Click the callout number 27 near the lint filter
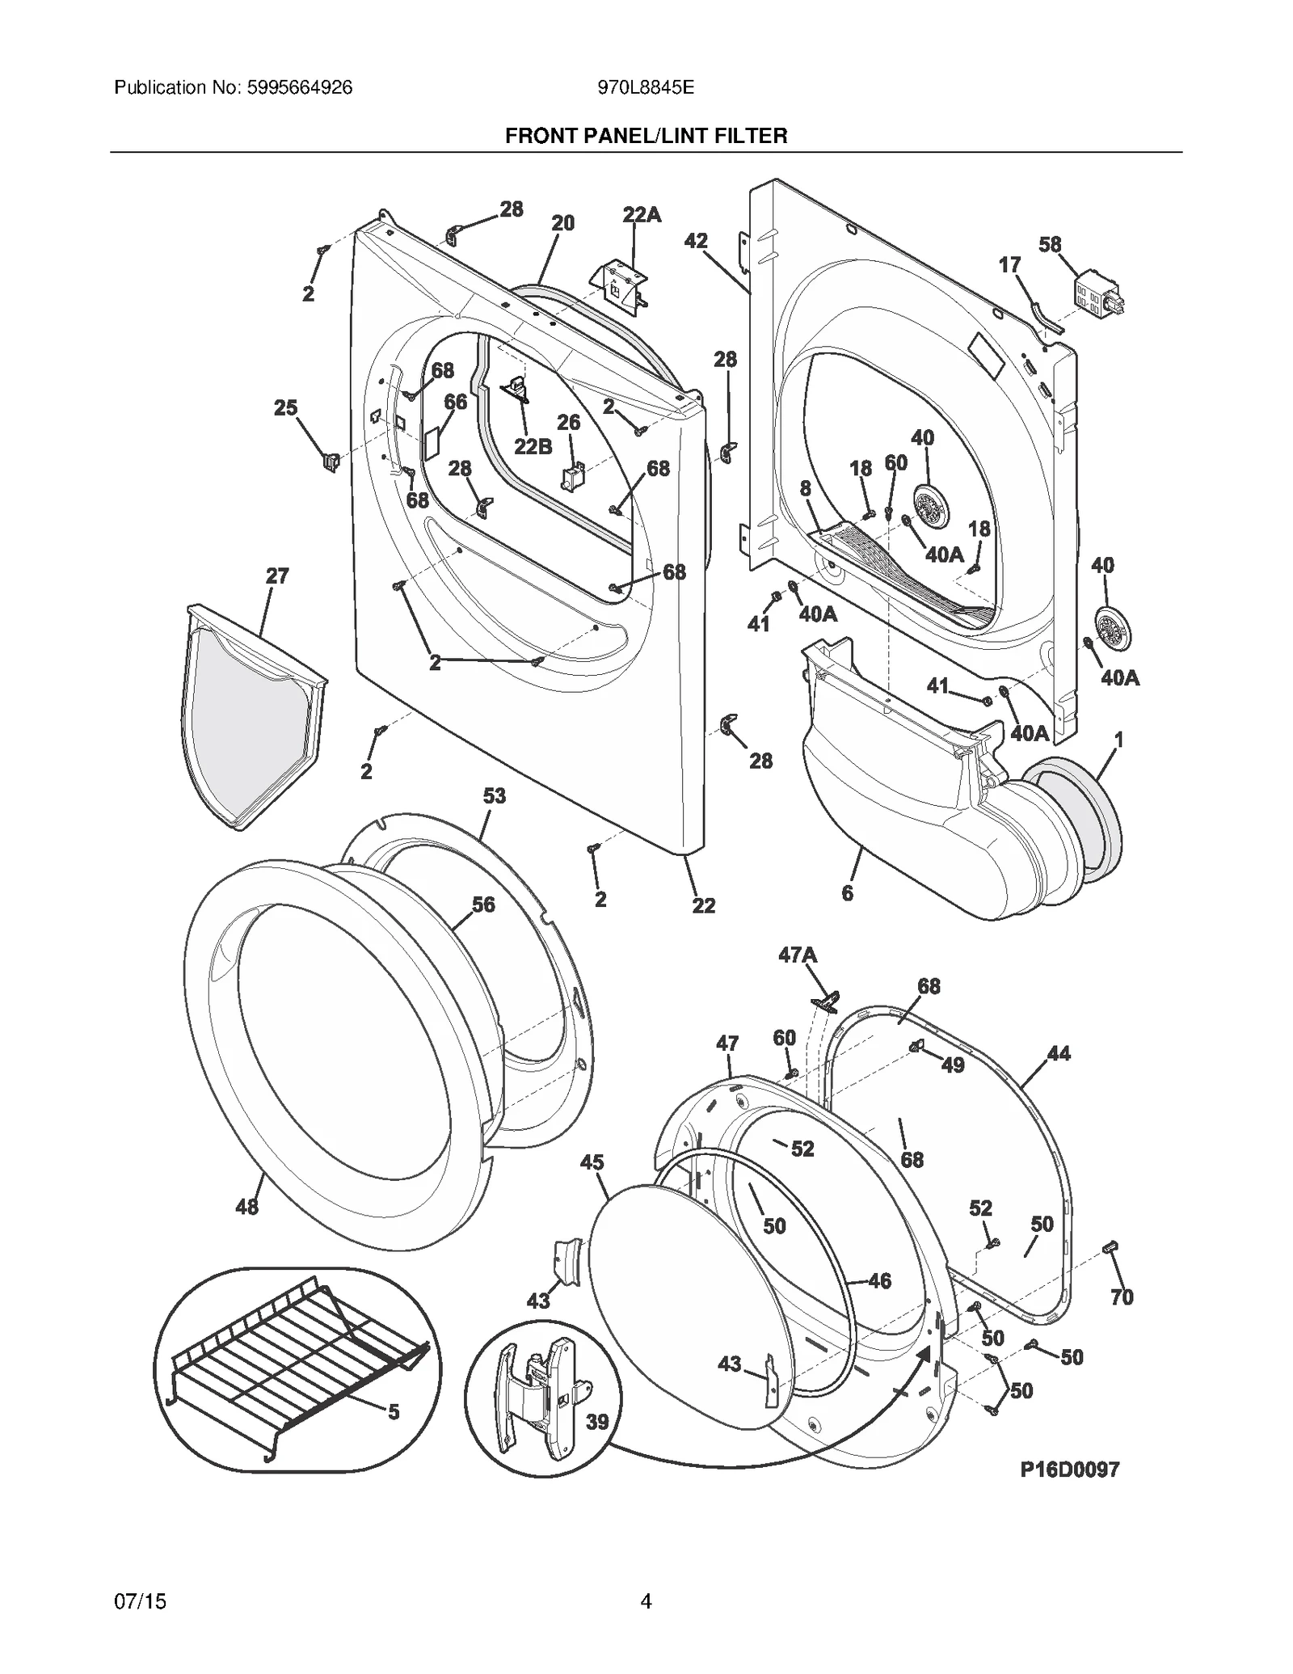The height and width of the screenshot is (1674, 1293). pyautogui.click(x=277, y=576)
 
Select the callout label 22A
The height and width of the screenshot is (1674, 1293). pyautogui.click(x=642, y=215)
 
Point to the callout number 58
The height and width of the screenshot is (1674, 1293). pyautogui.click(x=1050, y=244)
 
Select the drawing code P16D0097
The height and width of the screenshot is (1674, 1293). pyautogui.click(x=1069, y=1469)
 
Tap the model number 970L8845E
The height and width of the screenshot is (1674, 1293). pyautogui.click(x=646, y=87)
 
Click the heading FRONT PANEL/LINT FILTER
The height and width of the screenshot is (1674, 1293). pyautogui.click(x=646, y=136)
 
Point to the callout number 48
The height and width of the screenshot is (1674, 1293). pyautogui.click(x=246, y=1207)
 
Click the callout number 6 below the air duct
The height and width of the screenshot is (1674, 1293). pyautogui.click(x=847, y=893)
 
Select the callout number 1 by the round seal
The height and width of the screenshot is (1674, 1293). pyautogui.click(x=1118, y=739)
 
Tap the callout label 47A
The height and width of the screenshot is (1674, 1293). pyautogui.click(x=798, y=955)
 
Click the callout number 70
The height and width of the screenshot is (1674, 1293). pyautogui.click(x=1122, y=1297)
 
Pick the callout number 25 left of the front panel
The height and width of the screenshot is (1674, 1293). pyautogui.click(x=285, y=408)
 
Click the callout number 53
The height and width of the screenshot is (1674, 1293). pyautogui.click(x=495, y=796)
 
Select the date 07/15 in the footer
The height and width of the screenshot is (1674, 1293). pyautogui.click(x=141, y=1600)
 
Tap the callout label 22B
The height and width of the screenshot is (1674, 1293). pyautogui.click(x=533, y=446)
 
